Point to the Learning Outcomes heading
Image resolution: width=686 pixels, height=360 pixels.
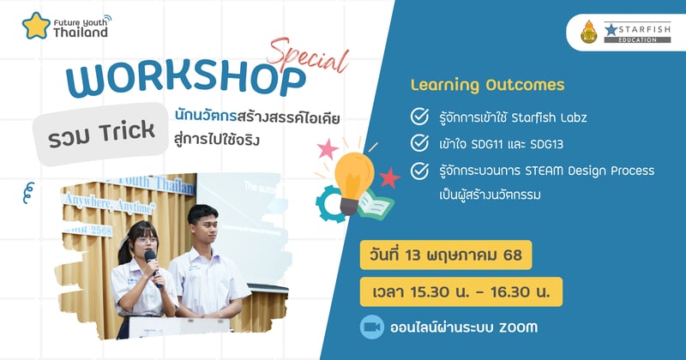tap(488, 85)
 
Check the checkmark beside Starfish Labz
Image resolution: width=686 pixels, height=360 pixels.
tap(420, 116)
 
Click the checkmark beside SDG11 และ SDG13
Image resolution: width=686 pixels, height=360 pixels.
tap(420, 142)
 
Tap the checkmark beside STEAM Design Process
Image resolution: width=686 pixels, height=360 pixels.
tap(420, 171)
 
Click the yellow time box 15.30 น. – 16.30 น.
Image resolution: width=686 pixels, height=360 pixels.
tap(461, 291)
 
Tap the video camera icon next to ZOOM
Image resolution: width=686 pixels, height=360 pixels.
tap(372, 327)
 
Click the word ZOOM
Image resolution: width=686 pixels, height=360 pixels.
tap(521, 327)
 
